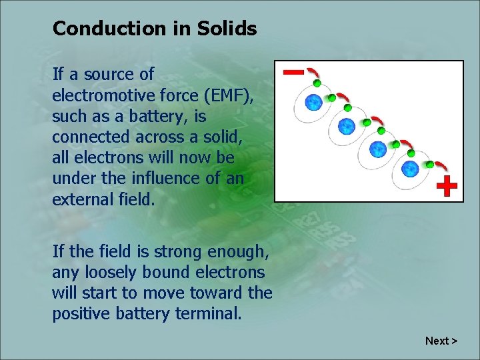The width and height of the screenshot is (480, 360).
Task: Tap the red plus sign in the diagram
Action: coord(447,186)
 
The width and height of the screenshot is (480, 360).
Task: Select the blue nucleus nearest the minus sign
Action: coord(313,102)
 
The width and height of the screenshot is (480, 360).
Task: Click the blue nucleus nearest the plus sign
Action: coord(410,169)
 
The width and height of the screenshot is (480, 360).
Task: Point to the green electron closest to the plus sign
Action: coord(430,164)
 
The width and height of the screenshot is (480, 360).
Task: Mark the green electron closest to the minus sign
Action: coord(317,83)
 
